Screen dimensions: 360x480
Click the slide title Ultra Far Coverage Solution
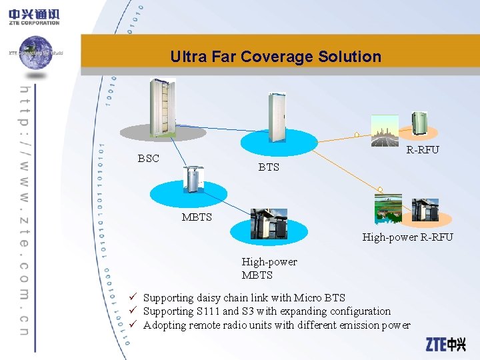pyautogui.click(x=275, y=57)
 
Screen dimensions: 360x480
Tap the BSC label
pyautogui.click(x=148, y=159)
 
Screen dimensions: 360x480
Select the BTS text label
pyautogui.click(x=269, y=167)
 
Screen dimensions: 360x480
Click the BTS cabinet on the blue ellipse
pyautogui.click(x=277, y=113)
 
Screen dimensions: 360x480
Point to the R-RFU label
pyautogui.click(x=423, y=150)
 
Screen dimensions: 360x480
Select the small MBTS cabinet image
pyautogui.click(x=193, y=180)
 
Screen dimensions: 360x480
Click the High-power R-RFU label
pyautogui.click(x=407, y=237)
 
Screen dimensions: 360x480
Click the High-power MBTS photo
pyautogui.click(x=269, y=223)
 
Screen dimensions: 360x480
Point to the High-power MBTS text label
pyautogui.click(x=269, y=268)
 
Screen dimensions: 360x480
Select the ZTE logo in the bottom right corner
pyautogui.click(x=446, y=345)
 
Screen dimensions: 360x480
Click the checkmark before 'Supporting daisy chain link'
pyautogui.click(x=133, y=298)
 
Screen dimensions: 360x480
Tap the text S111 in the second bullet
pyautogui.click(x=207, y=311)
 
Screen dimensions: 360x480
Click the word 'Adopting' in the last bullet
pyautogui.click(x=165, y=325)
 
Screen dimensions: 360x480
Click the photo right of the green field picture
pyautogui.click(x=425, y=209)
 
